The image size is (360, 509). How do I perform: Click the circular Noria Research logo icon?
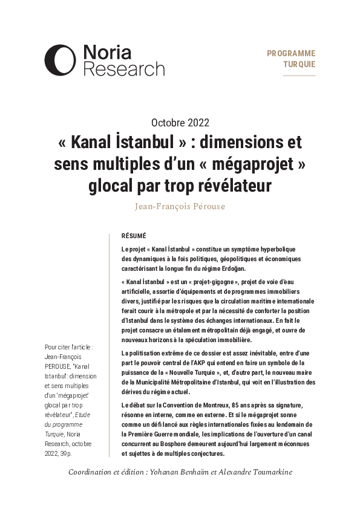click(59, 60)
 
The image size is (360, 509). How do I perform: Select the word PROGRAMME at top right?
click(291, 53)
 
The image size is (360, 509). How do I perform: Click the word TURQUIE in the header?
click(298, 65)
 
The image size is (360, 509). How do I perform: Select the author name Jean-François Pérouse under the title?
click(180, 206)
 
